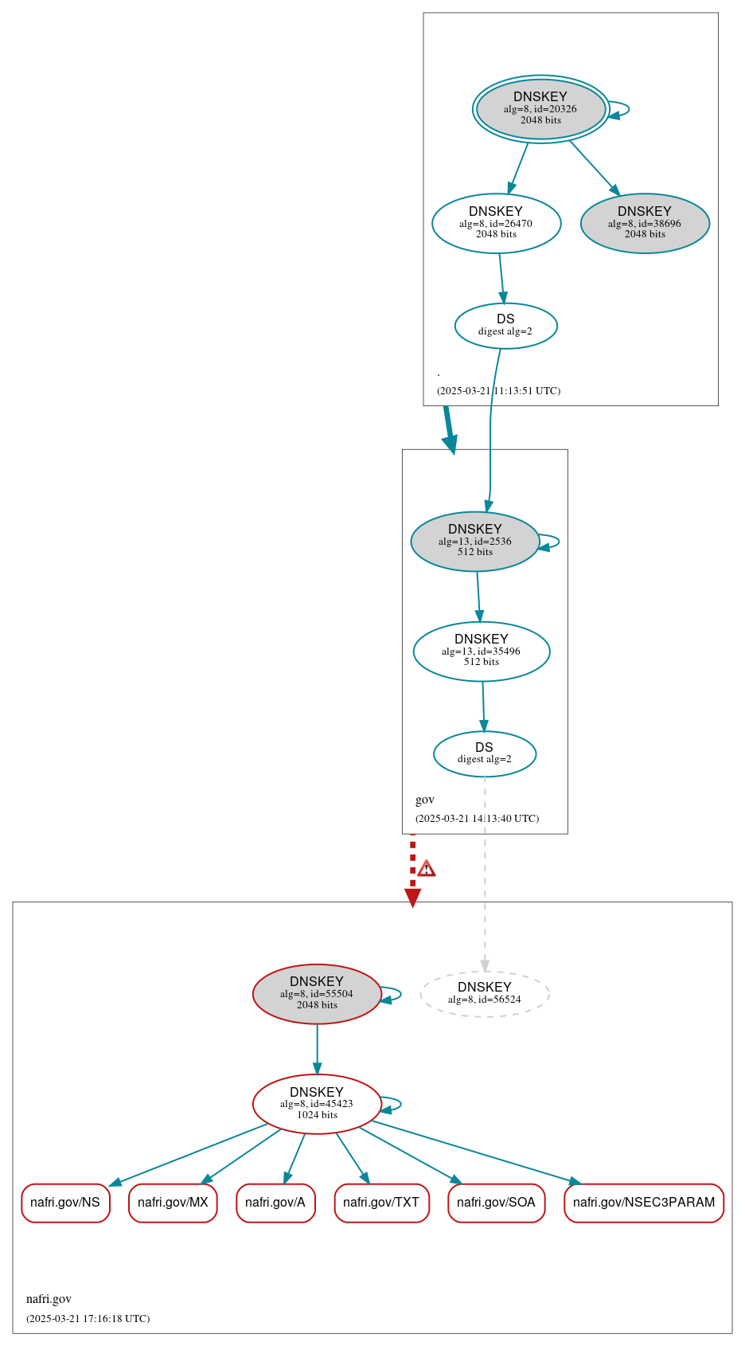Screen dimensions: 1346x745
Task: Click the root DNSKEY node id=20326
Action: pos(540,109)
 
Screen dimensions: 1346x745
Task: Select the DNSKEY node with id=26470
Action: pos(496,223)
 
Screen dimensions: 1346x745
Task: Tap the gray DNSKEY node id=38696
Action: pos(645,223)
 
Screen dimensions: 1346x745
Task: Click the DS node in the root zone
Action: pos(505,325)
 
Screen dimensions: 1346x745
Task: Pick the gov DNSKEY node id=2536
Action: pos(474,541)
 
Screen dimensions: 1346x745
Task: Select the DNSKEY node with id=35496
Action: pos(481,651)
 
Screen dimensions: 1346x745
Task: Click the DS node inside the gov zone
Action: pos(484,753)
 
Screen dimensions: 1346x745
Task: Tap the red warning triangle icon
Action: pos(427,869)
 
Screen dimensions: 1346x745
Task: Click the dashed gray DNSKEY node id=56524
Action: pos(484,993)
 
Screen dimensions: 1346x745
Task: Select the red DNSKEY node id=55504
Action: pos(317,993)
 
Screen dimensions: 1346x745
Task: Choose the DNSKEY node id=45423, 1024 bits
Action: pos(317,1103)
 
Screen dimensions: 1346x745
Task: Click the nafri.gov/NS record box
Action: pos(65,1203)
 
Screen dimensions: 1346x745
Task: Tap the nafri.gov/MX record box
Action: pos(173,1203)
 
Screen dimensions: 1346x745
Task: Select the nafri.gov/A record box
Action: pos(275,1203)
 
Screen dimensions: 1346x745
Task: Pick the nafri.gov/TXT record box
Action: pos(381,1203)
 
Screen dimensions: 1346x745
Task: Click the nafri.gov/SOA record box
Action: pos(496,1203)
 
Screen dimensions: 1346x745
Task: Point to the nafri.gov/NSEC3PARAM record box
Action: pos(643,1203)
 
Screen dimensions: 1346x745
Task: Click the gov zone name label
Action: pos(425,800)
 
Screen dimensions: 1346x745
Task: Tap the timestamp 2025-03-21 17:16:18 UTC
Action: pos(88,1318)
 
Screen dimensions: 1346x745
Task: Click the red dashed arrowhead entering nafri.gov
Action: pos(412,898)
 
